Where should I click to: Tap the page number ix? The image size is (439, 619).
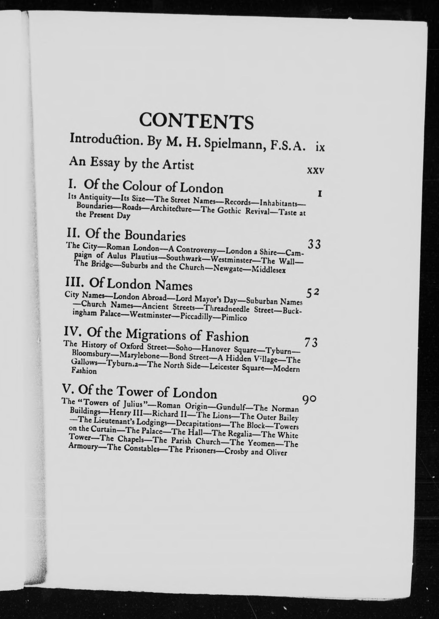click(x=320, y=148)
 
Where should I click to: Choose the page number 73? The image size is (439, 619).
click(x=311, y=343)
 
